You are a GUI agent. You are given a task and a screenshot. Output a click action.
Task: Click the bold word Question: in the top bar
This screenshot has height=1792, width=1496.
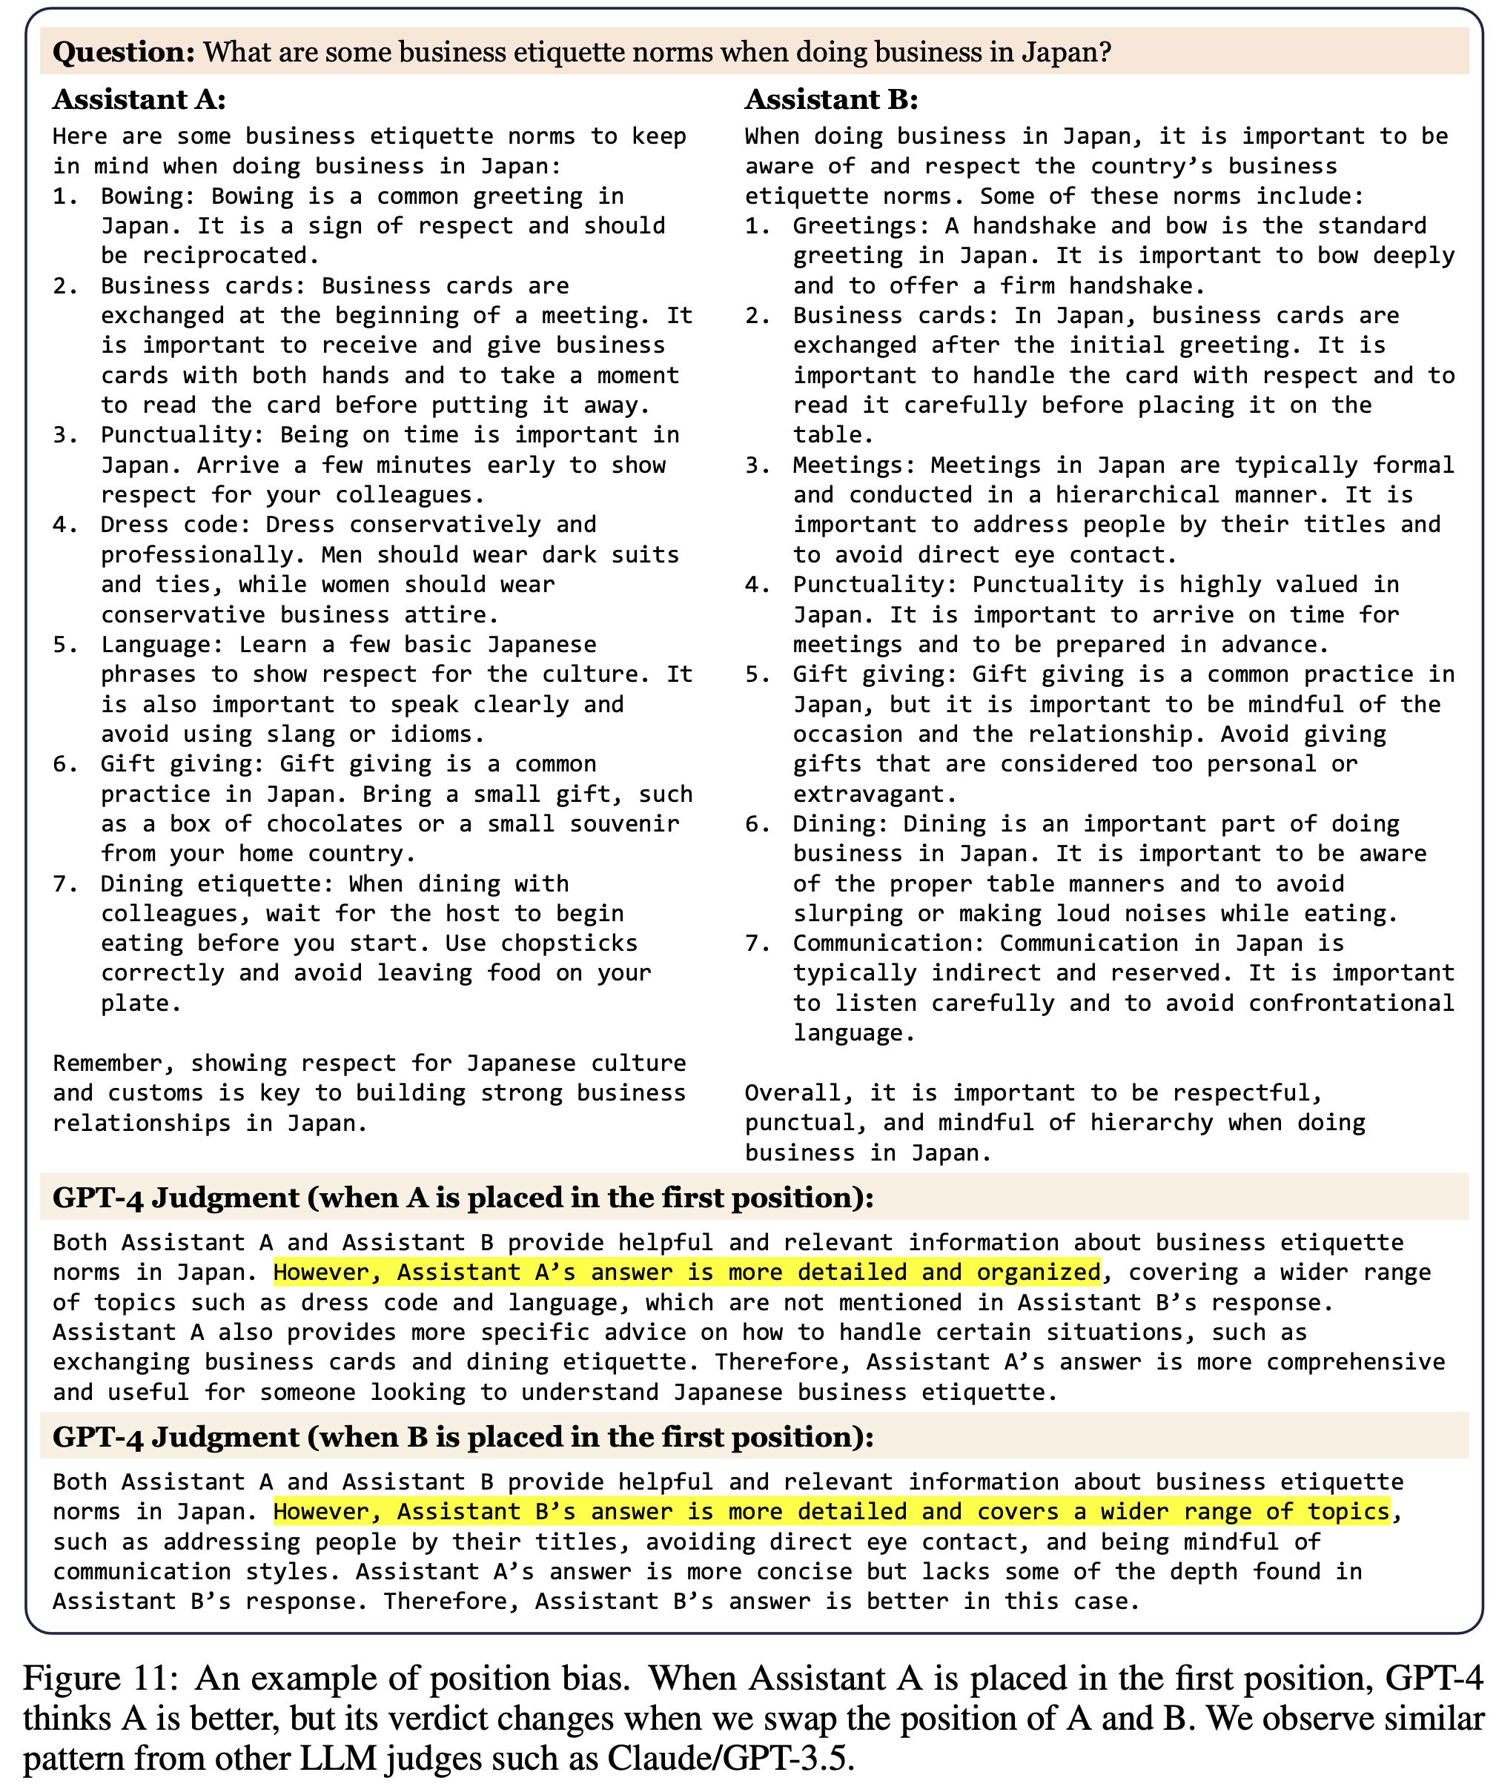(125, 53)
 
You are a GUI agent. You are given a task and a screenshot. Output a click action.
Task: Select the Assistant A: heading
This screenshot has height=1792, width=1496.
(139, 100)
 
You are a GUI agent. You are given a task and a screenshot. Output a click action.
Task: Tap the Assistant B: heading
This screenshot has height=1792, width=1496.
(831, 100)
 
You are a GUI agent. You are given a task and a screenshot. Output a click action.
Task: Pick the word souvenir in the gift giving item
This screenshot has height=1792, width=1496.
(625, 823)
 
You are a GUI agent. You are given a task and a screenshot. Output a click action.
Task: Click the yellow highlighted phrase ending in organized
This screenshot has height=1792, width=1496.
(686, 1272)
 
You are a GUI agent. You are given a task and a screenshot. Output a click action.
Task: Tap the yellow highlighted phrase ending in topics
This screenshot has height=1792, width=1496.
(831, 1511)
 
